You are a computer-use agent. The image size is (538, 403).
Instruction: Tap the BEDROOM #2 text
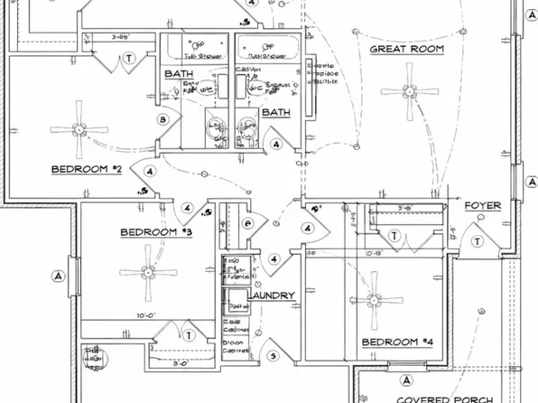point(86,169)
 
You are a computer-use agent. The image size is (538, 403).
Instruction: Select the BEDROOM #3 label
point(156,232)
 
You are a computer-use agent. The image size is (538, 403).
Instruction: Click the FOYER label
point(482,206)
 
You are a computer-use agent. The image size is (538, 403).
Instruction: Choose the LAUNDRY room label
point(270,296)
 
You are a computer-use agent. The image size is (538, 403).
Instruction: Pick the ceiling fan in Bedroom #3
point(144,273)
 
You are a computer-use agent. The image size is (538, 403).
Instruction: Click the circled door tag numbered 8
point(162,119)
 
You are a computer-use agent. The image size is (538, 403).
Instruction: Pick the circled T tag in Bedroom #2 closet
point(130,57)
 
